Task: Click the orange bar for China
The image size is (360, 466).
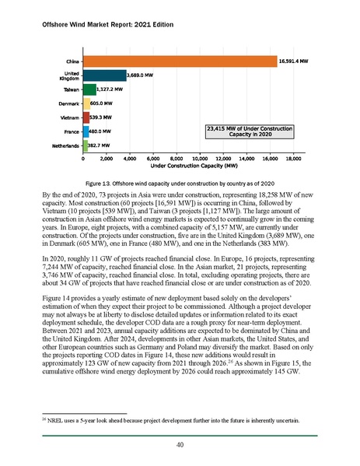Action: (x=179, y=61)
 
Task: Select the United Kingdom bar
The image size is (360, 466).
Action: (x=103, y=75)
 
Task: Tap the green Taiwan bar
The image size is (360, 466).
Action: (x=89, y=89)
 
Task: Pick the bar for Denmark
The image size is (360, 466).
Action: (x=86, y=103)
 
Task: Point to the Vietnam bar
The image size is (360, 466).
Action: (x=85, y=117)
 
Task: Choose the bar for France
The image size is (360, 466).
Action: (x=85, y=131)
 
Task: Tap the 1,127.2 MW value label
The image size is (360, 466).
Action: (x=113, y=89)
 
